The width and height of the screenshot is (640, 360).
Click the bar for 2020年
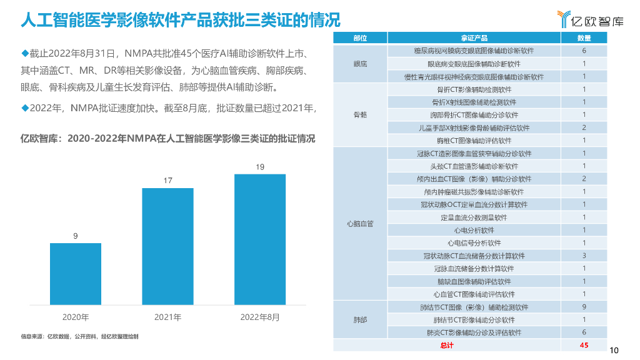pos(76,273)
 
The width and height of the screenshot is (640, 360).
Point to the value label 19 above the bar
pos(260,167)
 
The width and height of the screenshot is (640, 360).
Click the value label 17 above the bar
pos(167,181)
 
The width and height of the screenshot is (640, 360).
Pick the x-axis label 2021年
pos(167,317)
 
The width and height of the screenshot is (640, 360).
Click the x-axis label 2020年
pos(76,317)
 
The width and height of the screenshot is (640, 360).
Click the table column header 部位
pos(360,38)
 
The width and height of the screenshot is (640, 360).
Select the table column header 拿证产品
pos(474,38)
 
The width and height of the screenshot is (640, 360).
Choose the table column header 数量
pos(584,38)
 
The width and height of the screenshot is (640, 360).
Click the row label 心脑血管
pos(360,224)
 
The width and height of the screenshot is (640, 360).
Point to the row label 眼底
pos(360,64)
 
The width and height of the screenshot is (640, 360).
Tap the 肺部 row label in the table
pos(360,320)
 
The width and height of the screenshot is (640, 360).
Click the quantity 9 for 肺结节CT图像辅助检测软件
pos(584,307)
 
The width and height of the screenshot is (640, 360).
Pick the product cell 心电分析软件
pos(474,230)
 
